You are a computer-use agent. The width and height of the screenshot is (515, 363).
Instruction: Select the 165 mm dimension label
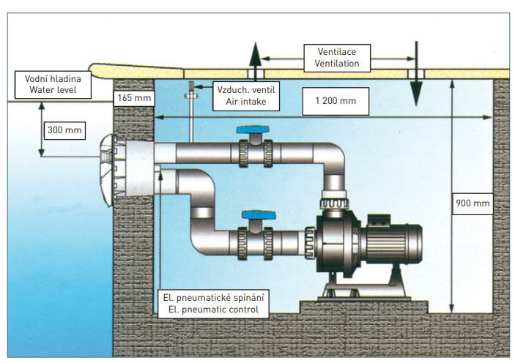point(133,97)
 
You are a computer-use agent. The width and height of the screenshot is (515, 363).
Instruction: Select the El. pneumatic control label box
point(213,304)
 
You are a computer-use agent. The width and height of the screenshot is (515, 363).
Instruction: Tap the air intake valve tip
point(190,89)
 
